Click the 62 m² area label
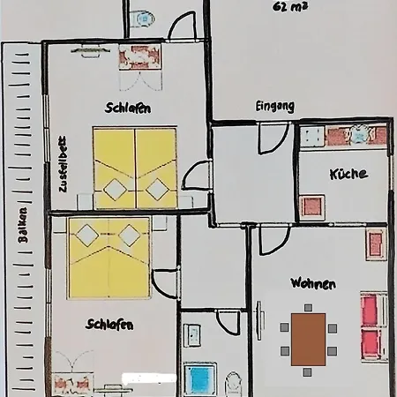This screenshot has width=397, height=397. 291,7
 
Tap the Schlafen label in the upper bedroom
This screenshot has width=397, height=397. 129,109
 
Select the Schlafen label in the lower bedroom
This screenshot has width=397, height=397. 109,325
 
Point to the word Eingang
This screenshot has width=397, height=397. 275,106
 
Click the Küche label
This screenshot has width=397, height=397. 348,174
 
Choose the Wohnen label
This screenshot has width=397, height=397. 313,284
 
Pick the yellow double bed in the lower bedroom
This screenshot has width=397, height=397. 109,257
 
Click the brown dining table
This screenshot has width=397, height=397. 308,339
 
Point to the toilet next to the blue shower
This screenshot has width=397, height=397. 234,385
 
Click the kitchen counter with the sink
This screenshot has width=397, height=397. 344,135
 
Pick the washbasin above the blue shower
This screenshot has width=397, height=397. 193,336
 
